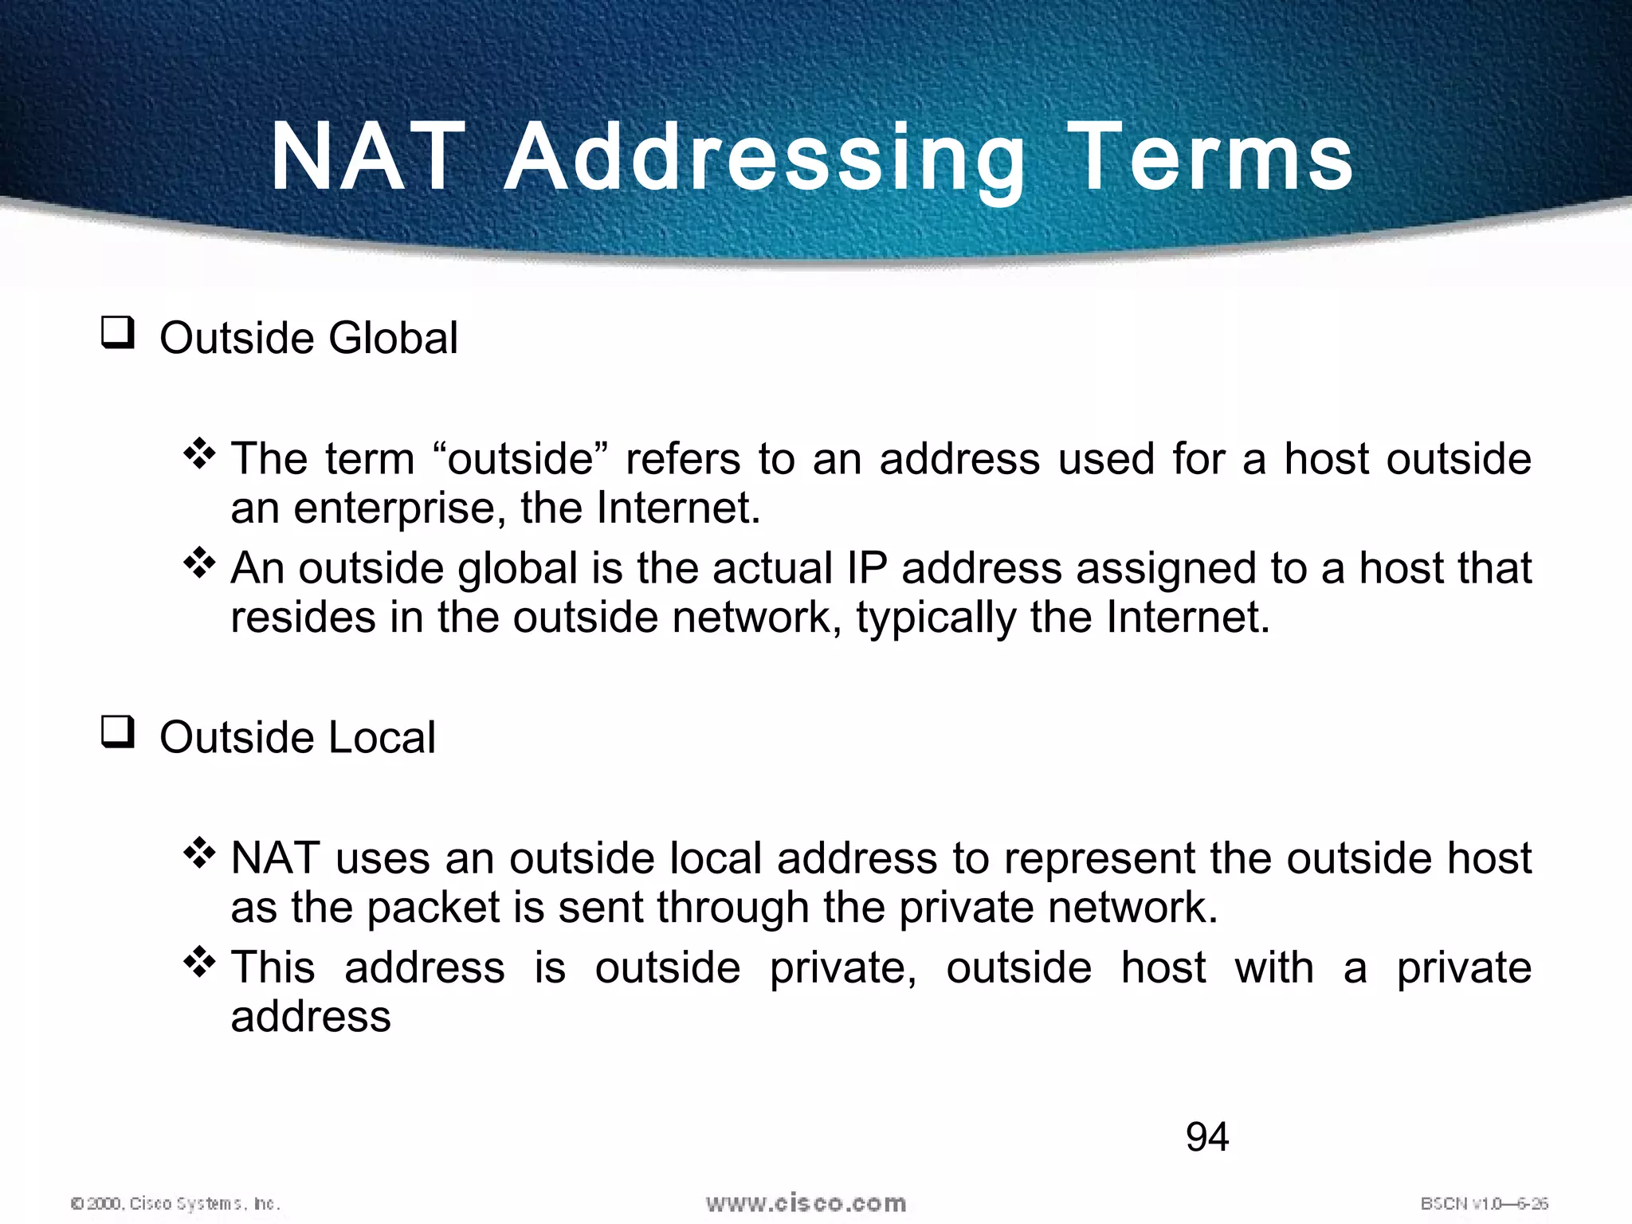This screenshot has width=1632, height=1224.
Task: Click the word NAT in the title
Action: (x=368, y=157)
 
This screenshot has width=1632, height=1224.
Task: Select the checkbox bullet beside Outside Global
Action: (x=117, y=332)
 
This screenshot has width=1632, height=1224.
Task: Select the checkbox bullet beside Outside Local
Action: (x=117, y=732)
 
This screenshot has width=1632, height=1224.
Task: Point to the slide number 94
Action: (x=1207, y=1136)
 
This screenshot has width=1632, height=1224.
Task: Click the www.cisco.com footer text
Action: (x=806, y=1202)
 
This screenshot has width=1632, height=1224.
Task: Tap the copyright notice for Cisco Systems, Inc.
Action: (x=176, y=1203)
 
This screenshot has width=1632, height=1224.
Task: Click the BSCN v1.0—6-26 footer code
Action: (x=1484, y=1203)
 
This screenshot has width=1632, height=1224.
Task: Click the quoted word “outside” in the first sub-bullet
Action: (x=520, y=459)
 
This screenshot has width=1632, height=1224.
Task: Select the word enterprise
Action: (x=398, y=508)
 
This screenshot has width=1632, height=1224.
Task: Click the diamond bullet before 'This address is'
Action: (x=199, y=963)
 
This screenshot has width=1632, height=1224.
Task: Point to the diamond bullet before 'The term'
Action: (x=199, y=454)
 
